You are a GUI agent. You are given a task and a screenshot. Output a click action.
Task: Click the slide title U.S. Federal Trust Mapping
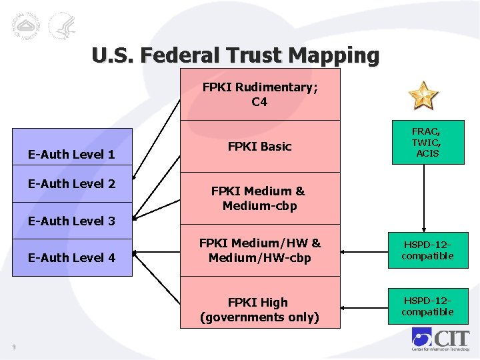235,55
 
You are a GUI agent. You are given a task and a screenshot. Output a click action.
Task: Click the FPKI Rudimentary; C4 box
260,94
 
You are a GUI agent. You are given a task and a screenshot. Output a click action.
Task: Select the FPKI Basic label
260,147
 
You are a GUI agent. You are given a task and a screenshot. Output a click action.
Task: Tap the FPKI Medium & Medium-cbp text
259,198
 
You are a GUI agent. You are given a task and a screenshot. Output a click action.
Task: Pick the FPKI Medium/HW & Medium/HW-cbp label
260,251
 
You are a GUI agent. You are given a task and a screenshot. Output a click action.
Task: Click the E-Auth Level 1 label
71,155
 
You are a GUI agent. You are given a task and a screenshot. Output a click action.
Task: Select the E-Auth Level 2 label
71,184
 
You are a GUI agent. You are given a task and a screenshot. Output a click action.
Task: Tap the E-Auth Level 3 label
71,221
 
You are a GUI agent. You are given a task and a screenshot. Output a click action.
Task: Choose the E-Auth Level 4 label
71,257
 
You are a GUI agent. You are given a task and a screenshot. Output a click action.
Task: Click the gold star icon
423,95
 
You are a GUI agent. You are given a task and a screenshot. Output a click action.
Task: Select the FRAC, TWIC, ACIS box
427,142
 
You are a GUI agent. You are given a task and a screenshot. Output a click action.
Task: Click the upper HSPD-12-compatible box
428,250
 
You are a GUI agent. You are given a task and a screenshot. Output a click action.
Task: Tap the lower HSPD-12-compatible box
428,306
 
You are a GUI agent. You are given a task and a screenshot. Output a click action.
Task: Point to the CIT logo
439,339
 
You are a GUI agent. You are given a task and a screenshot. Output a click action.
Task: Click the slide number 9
14,345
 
